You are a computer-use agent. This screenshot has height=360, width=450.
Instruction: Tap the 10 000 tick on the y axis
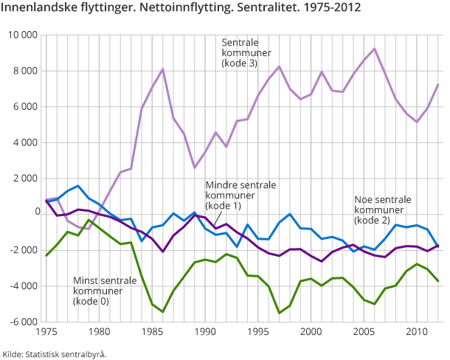[x=21, y=35]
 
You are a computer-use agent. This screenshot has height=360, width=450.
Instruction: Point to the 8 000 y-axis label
[x=23, y=71]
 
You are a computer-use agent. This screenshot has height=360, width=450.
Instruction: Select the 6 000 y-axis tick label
[x=23, y=106]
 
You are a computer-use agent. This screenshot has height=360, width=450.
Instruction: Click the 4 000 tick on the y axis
[x=23, y=142]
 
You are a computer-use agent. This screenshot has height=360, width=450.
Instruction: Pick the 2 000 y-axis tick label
[x=23, y=178]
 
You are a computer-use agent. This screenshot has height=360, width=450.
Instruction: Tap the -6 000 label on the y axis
[x=21, y=322]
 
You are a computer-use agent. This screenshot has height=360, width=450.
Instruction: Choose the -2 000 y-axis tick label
[x=21, y=250]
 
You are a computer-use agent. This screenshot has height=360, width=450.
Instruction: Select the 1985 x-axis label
[x=152, y=332]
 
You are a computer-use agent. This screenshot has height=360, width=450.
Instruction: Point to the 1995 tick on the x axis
[x=258, y=332]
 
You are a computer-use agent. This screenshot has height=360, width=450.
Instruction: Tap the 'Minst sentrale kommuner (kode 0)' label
[x=104, y=291]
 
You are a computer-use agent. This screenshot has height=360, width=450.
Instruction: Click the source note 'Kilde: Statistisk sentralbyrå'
[x=54, y=353]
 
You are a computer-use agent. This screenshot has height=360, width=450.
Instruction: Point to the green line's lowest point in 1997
[x=280, y=313]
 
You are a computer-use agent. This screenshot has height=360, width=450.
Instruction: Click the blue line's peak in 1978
[x=77, y=186]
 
